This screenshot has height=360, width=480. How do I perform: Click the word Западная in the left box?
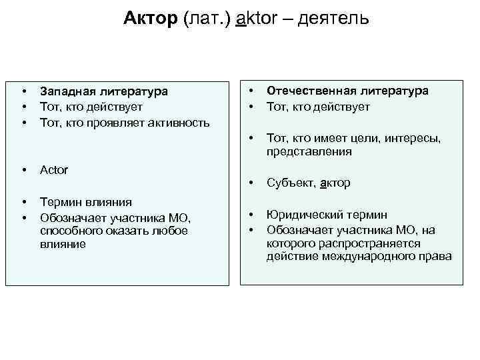(67, 91)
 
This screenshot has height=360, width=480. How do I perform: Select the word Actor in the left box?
(54, 170)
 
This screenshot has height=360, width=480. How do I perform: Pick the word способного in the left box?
(69, 231)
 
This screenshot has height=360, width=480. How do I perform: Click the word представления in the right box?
(309, 151)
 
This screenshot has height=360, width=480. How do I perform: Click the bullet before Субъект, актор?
(251, 183)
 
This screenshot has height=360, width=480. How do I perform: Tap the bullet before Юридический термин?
(251, 215)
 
